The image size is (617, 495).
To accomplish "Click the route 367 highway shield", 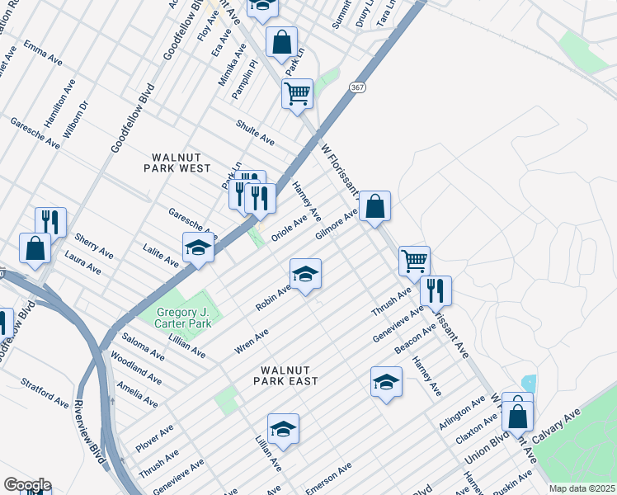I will click(356, 87).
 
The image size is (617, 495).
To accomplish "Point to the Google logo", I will click(26, 484).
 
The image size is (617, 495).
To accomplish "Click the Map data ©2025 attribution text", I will click(582, 488).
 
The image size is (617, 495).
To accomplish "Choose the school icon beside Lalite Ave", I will click(198, 247).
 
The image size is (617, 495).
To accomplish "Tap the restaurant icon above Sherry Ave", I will click(50, 221).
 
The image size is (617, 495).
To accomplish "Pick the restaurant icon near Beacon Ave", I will click(436, 290).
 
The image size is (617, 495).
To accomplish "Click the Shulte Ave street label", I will click(255, 132).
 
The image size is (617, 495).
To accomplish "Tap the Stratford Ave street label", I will click(45, 393).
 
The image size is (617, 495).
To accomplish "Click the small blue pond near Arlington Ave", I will click(529, 384).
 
